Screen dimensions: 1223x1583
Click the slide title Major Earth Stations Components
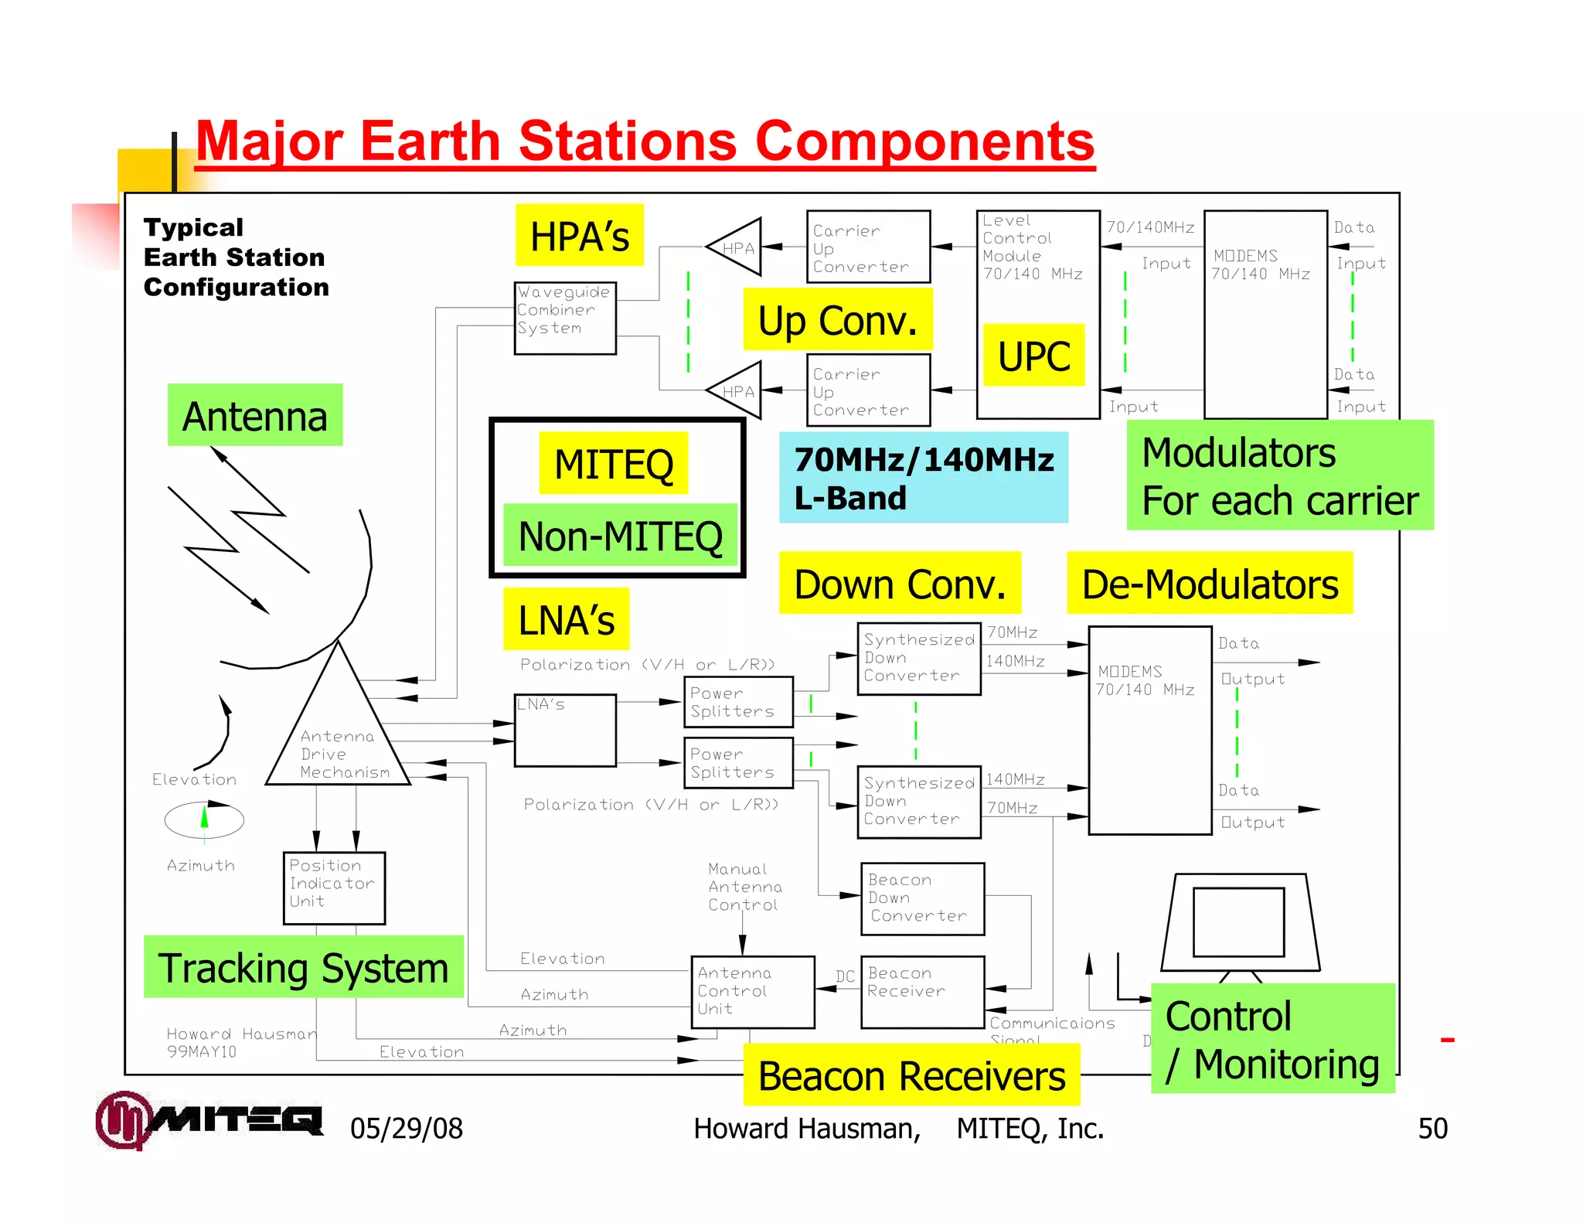(x=645, y=141)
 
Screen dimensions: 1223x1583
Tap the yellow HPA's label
(x=580, y=236)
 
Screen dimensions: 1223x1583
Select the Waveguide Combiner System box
(x=565, y=319)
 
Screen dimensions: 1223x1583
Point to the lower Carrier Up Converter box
(x=868, y=390)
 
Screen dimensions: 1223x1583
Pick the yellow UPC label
(x=1033, y=356)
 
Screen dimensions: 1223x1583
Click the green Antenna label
(x=255, y=416)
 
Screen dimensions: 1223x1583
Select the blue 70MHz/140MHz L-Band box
(x=924, y=478)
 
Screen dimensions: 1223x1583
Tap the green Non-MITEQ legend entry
(x=620, y=536)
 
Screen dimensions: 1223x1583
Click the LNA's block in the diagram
(x=565, y=731)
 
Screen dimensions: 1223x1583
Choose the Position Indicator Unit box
(x=334, y=888)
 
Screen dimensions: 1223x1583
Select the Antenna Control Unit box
(x=752, y=992)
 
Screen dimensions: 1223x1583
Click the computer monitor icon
(x=1239, y=924)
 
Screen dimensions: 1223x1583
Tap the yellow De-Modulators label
(x=1210, y=584)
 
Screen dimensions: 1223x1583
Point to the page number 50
(x=1432, y=1129)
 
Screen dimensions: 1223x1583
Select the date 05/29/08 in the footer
(x=407, y=1129)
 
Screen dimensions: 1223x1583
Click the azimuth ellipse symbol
(x=204, y=820)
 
